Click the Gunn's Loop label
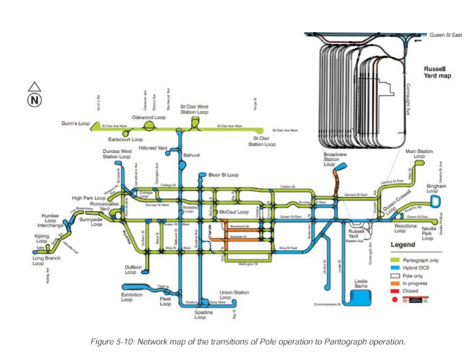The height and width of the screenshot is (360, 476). (x=75, y=123)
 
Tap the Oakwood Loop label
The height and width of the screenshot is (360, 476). (x=149, y=117)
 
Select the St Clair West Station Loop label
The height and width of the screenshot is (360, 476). (x=194, y=110)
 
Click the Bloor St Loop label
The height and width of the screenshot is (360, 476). (x=223, y=175)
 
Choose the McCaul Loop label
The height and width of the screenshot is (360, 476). (x=235, y=211)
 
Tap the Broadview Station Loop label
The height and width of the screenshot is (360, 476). (x=332, y=160)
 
